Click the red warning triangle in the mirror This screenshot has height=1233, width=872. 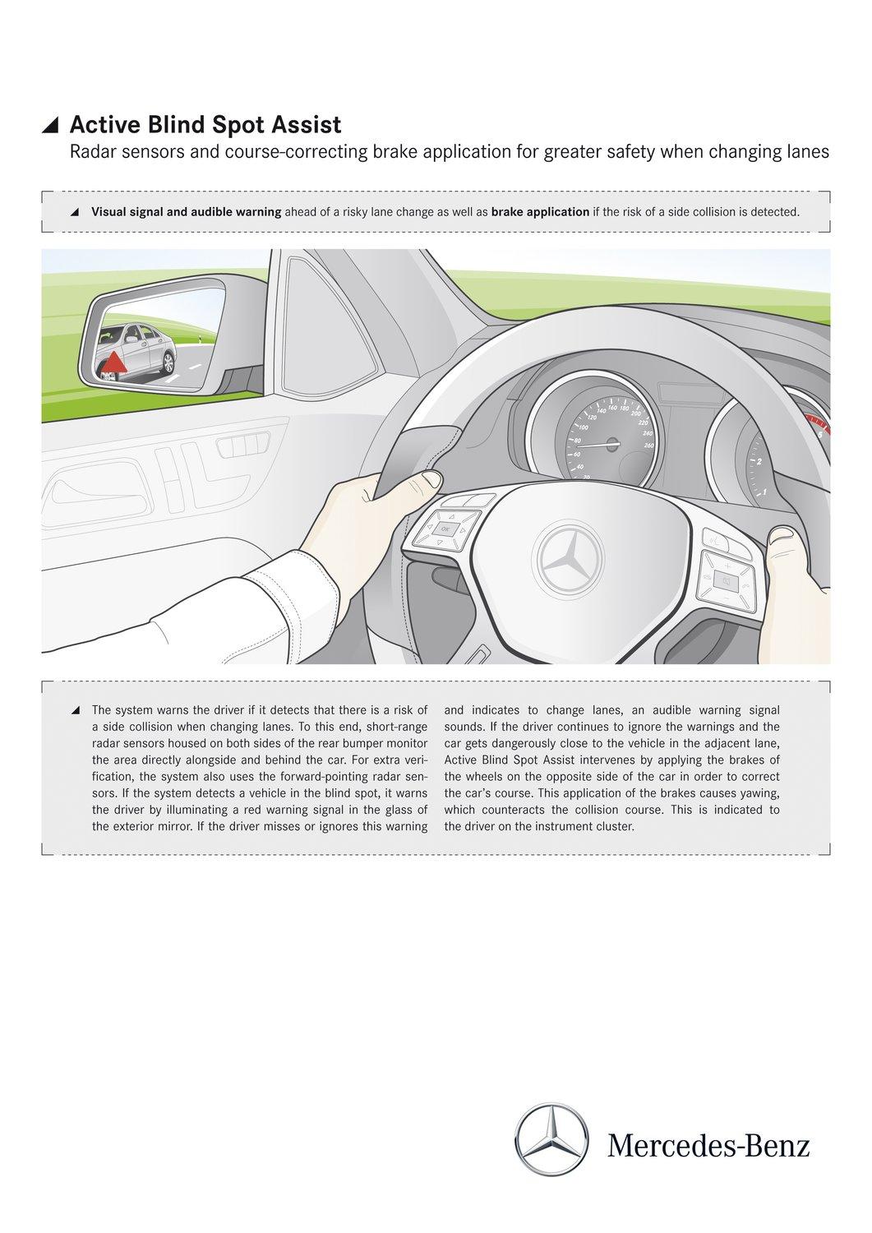click(114, 362)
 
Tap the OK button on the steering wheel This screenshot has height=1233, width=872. click(445, 529)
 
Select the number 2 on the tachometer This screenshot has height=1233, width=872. click(759, 462)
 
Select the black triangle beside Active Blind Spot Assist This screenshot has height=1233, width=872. click(51, 125)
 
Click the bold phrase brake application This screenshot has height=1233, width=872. click(540, 212)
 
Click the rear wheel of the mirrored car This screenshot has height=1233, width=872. click(168, 363)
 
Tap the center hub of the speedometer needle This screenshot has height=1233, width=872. click(615, 445)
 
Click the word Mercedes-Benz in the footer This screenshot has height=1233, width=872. click(708, 1144)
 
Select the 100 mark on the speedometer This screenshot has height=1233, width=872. click(584, 427)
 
